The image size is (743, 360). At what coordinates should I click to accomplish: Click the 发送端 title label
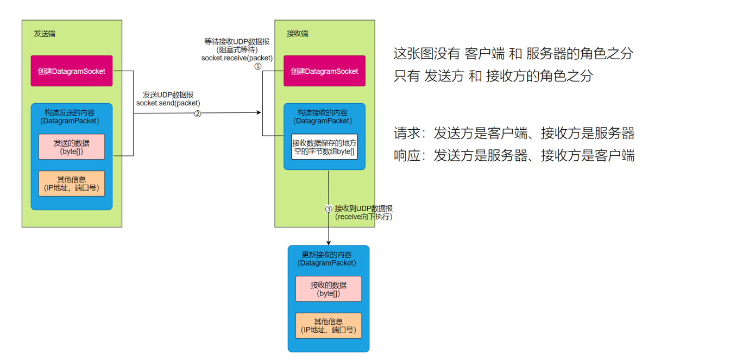click(x=45, y=34)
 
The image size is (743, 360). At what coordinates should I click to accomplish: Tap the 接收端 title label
click(x=297, y=34)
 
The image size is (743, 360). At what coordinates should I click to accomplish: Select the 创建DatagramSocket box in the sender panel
click(x=72, y=71)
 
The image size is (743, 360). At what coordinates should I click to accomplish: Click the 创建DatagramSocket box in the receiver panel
click(x=324, y=71)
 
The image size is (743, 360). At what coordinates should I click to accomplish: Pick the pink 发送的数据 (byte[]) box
click(x=72, y=147)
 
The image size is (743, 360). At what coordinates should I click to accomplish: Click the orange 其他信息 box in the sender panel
click(x=72, y=184)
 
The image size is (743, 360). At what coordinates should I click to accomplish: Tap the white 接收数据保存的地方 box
click(x=324, y=147)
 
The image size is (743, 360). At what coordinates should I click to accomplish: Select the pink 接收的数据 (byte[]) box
click(x=329, y=289)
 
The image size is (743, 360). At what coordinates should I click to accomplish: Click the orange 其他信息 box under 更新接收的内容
click(x=329, y=326)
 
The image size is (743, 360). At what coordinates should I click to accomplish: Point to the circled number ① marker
click(x=258, y=66)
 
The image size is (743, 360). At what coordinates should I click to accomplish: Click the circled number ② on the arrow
click(x=198, y=113)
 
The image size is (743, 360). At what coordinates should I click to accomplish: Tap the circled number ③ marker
click(x=329, y=209)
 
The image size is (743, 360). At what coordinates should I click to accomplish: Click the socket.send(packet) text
click(x=168, y=103)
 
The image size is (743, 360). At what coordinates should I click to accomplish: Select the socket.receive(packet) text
click(x=237, y=58)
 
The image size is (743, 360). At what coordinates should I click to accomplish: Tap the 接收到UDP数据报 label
click(x=363, y=209)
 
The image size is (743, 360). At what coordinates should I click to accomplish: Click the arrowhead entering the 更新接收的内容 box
click(x=329, y=242)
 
